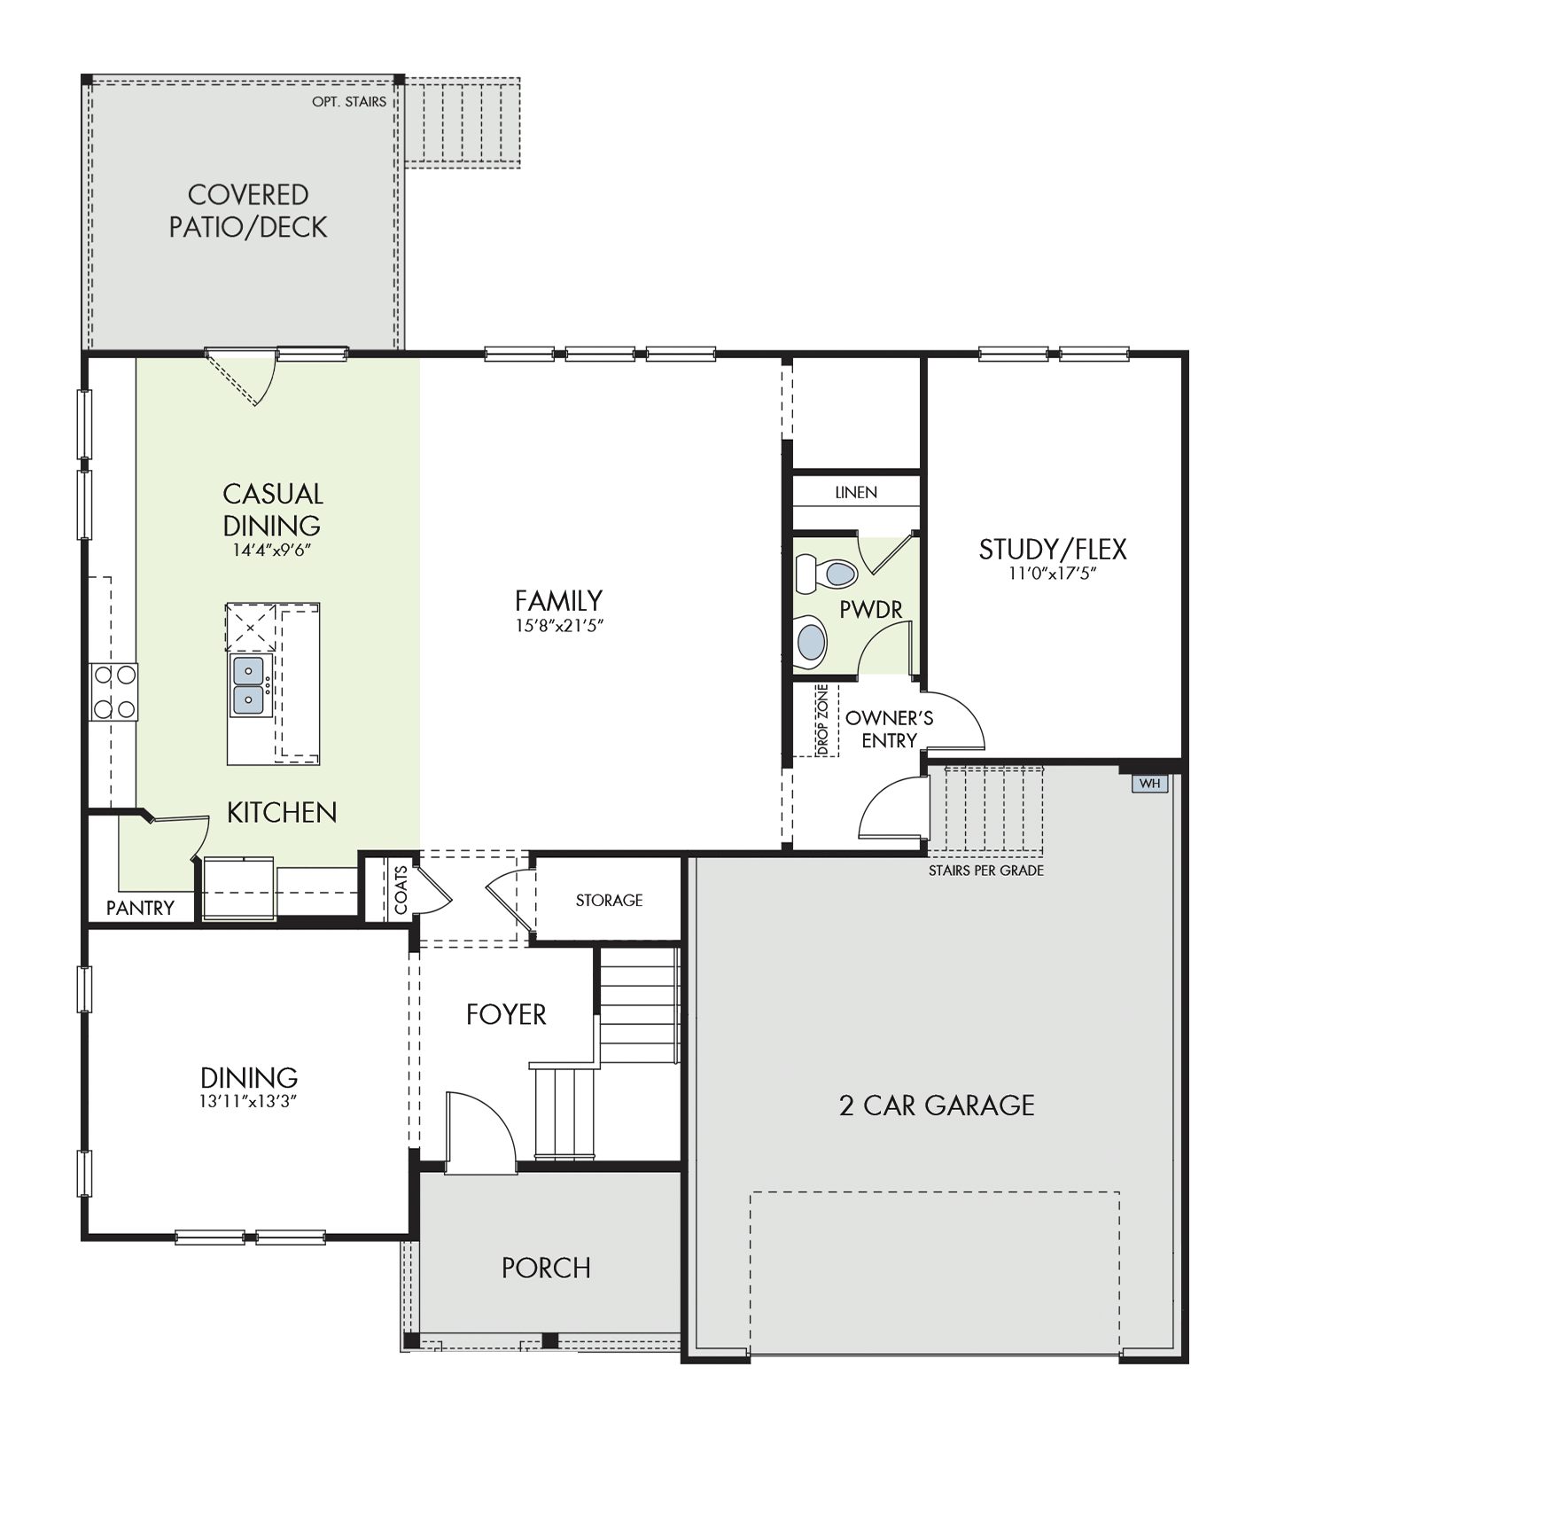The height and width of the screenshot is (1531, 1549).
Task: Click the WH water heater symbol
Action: [x=1149, y=784]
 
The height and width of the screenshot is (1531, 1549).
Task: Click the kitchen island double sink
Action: [x=248, y=684]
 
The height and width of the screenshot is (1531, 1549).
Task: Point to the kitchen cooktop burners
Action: [x=114, y=691]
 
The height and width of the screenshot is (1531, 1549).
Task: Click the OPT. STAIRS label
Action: [x=349, y=102]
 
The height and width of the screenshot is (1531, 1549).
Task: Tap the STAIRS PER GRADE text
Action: [x=985, y=871]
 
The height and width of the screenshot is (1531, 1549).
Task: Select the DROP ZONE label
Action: [x=822, y=721]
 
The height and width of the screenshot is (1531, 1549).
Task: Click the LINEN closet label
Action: [x=856, y=492]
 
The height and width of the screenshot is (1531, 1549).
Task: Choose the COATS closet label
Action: [x=401, y=890]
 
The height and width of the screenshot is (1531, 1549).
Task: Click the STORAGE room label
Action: [x=609, y=900]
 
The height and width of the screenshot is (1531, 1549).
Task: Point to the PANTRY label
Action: [x=140, y=908]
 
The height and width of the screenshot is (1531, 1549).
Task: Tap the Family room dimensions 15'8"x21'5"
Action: [x=559, y=625]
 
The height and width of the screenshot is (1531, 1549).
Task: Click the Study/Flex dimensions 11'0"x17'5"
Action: [x=1052, y=573]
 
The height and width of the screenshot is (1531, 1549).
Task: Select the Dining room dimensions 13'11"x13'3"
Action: [x=248, y=1101]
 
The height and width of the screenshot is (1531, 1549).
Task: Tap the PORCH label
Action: [x=546, y=1268]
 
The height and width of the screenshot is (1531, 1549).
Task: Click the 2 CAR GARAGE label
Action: [x=937, y=1105]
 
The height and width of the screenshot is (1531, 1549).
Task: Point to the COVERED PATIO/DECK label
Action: [x=248, y=211]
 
